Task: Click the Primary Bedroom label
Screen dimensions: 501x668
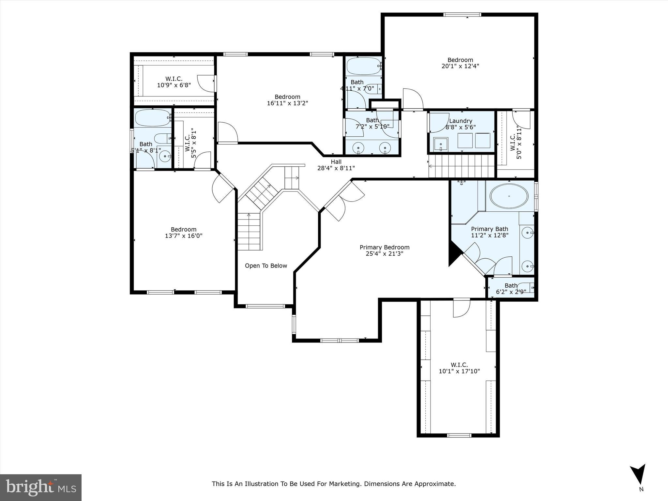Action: (384, 248)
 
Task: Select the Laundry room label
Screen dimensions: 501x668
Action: (461, 121)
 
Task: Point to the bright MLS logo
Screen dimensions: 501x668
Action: (40, 487)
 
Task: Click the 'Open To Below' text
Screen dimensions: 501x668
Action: (266, 266)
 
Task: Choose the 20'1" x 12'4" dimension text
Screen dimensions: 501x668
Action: (460, 66)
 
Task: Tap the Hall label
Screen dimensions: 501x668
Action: (336, 162)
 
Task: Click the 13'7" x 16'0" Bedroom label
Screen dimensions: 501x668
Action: (184, 233)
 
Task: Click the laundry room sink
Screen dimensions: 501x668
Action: (441, 144)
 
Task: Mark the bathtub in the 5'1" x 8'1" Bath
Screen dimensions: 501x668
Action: (152, 118)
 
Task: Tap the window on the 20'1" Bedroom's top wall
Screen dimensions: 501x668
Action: (462, 15)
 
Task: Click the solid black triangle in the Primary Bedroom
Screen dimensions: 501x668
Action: (454, 253)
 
